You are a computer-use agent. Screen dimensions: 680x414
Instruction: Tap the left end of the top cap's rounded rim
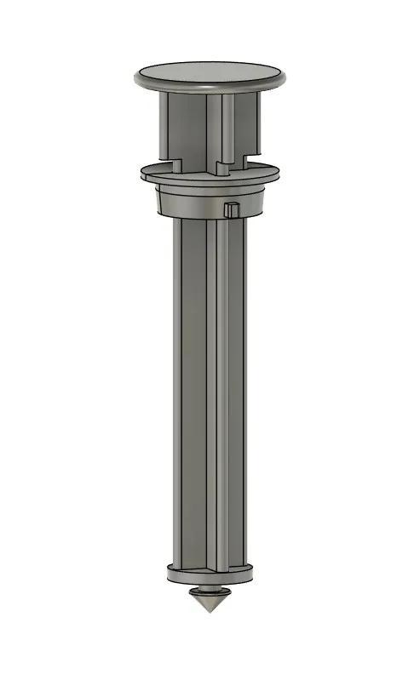coord(137,78)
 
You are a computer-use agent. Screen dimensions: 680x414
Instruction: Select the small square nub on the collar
coord(232,209)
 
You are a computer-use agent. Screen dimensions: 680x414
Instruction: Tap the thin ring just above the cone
coord(208,589)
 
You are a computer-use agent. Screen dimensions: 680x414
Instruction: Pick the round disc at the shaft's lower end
coord(210,574)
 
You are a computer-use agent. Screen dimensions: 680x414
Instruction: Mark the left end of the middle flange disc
coord(144,174)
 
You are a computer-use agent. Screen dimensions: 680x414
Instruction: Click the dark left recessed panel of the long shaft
coord(193,391)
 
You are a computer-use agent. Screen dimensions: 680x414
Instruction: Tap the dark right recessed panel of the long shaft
coord(236,391)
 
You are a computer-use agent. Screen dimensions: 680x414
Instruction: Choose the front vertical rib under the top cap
coord(227,128)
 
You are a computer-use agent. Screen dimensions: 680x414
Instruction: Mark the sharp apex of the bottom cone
coord(208,612)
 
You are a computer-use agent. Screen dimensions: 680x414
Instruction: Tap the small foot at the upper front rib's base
coord(223,168)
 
